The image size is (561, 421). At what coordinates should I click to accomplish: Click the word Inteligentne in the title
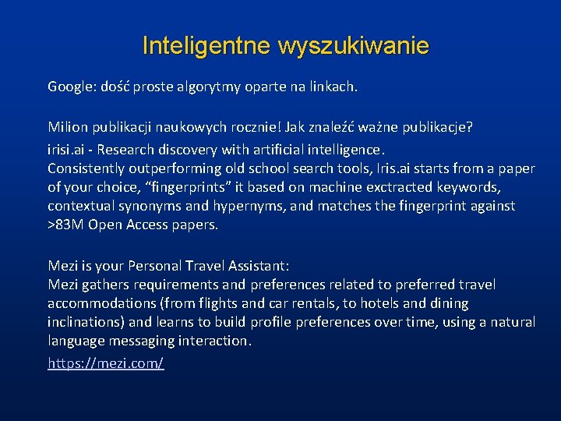tap(206, 46)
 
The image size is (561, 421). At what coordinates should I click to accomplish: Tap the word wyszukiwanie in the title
tap(352, 46)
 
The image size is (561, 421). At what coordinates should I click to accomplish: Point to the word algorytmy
tap(219, 87)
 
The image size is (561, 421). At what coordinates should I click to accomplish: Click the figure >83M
tap(66, 225)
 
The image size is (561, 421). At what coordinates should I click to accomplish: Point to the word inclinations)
tap(86, 322)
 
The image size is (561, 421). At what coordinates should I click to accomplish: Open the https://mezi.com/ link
tap(106, 363)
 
